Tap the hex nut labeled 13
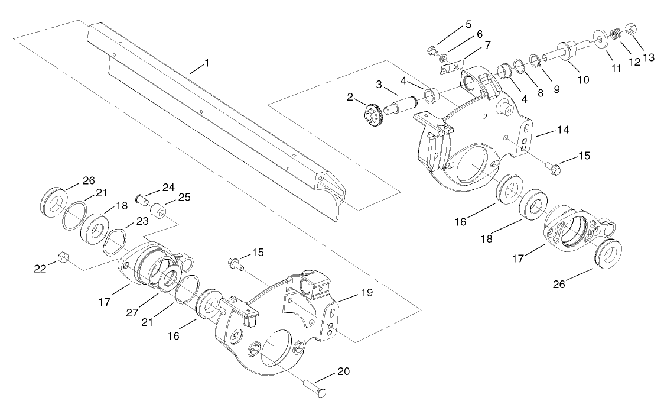pyautogui.click(x=630, y=28)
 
